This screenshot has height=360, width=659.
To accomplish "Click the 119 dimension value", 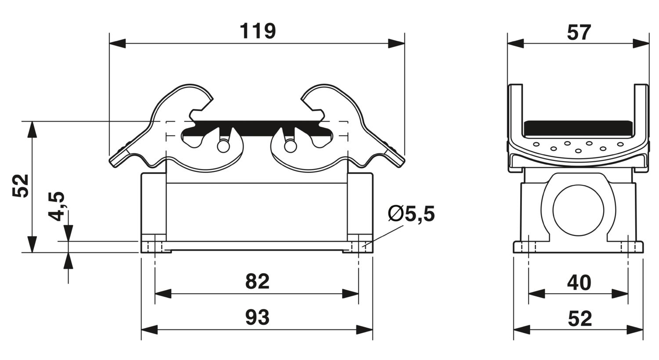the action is click(x=258, y=31).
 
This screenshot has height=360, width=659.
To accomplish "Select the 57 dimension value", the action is click(x=579, y=32).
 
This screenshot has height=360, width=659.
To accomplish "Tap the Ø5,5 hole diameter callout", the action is click(x=411, y=214).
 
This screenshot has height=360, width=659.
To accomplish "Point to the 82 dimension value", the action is click(x=257, y=281).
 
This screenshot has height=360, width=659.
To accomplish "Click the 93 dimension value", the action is click(x=257, y=317).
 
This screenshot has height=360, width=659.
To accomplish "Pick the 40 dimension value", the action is click(x=579, y=282).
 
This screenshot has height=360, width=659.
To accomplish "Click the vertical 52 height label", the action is click(x=20, y=186).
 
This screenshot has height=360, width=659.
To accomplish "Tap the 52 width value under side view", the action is click(x=579, y=319).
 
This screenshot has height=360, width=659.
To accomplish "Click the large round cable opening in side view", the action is click(x=578, y=210).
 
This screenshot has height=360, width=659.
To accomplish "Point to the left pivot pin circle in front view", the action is click(x=223, y=146).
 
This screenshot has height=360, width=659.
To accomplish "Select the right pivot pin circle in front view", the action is click(x=290, y=146).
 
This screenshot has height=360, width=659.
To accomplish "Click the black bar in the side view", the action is click(x=578, y=130).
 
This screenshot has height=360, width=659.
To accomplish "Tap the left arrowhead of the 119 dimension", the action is click(x=117, y=43).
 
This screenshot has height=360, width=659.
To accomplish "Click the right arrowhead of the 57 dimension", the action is click(x=641, y=43).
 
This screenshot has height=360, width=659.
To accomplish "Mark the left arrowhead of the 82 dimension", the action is click(x=163, y=294).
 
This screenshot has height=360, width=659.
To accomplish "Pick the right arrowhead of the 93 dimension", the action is click(x=365, y=329).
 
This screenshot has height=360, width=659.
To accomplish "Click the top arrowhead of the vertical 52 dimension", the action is click(x=33, y=130).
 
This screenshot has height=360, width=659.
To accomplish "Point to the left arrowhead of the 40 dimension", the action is click(x=536, y=294).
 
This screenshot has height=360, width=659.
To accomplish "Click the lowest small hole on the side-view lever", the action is click(x=578, y=151).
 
